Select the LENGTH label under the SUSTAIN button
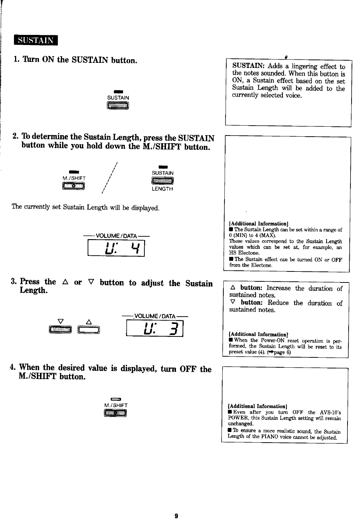162,189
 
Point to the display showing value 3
154,328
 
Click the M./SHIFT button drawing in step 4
115,414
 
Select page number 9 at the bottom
176,516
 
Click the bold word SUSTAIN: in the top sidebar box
248,66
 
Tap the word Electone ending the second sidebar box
261,265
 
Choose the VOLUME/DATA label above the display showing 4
116,235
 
